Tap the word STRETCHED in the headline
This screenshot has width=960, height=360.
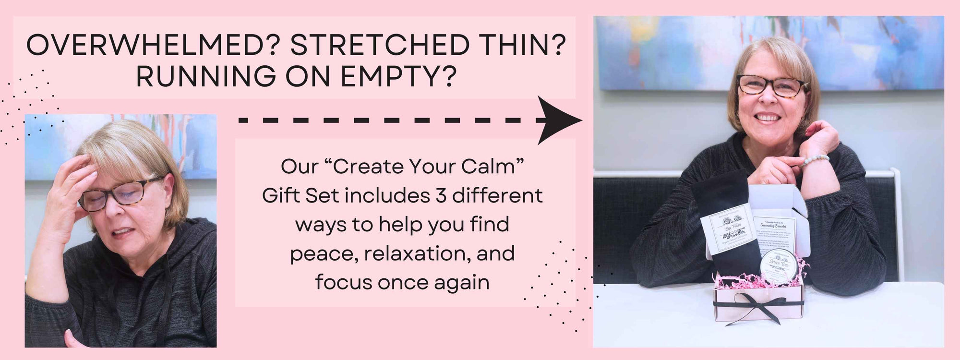380,46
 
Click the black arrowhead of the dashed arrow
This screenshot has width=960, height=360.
557,120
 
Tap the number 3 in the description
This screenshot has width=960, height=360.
441,196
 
